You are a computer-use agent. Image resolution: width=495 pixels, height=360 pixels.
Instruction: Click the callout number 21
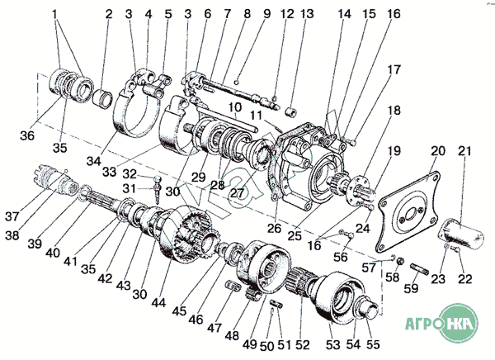coord(465,151)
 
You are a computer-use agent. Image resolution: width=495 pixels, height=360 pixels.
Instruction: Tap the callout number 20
coord(438,150)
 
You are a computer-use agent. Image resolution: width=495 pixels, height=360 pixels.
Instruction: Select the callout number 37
coord(12,216)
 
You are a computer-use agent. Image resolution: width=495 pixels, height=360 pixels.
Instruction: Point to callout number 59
coord(412,288)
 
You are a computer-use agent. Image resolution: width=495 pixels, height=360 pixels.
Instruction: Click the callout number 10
coord(234,107)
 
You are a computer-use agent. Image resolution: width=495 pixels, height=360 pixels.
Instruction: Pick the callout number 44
coord(158,302)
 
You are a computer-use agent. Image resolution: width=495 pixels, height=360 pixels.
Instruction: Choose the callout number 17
coord(394,69)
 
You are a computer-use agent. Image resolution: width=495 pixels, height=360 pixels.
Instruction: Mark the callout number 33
coord(110,172)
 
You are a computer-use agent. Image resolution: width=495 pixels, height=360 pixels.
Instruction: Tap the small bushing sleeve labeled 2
coord(103,98)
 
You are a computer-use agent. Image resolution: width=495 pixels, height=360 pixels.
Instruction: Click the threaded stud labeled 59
coord(420,268)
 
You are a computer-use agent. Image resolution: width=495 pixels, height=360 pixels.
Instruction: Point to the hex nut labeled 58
coord(399,261)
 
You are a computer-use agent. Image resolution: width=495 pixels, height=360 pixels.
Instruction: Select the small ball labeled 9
coord(237,83)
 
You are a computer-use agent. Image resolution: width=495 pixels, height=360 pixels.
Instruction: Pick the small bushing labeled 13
coord(290,111)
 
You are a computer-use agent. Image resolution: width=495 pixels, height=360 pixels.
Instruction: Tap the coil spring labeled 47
coord(233,286)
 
